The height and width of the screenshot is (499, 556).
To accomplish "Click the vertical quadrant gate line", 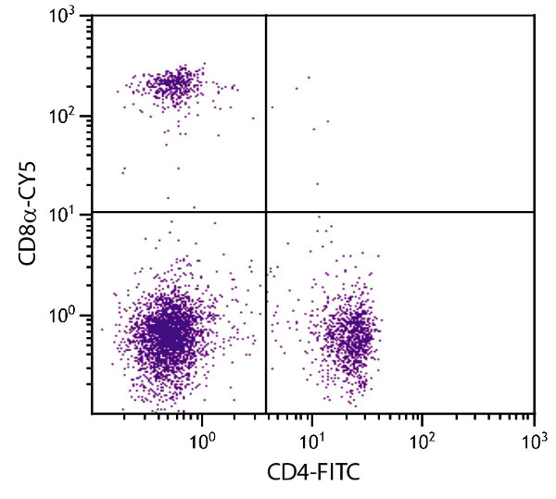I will (x=266, y=111).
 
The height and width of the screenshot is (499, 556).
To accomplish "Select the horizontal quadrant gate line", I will (x=408, y=212).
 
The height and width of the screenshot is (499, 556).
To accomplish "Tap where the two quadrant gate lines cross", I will (x=266, y=212).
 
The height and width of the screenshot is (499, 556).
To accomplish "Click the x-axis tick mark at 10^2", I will (x=423, y=409).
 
